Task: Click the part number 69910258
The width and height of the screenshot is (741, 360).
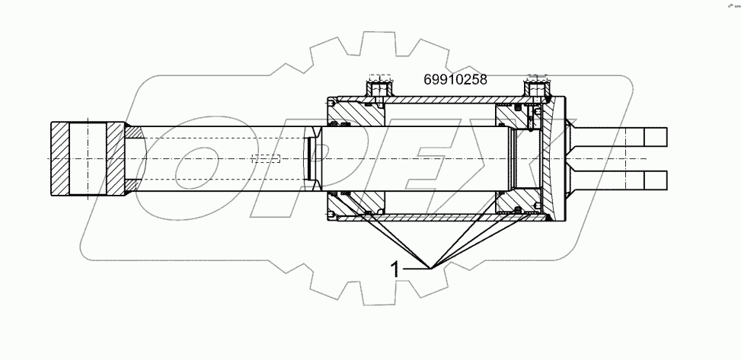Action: [455, 78]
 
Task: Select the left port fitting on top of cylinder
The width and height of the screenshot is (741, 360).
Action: [378, 88]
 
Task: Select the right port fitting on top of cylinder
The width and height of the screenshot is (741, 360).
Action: [538, 88]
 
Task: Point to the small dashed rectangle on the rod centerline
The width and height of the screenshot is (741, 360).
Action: [266, 159]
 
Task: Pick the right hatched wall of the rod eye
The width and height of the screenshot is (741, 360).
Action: [113, 158]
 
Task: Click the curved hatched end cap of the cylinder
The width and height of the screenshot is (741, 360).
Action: [554, 158]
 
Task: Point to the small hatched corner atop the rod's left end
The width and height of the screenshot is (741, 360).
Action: [133, 132]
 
